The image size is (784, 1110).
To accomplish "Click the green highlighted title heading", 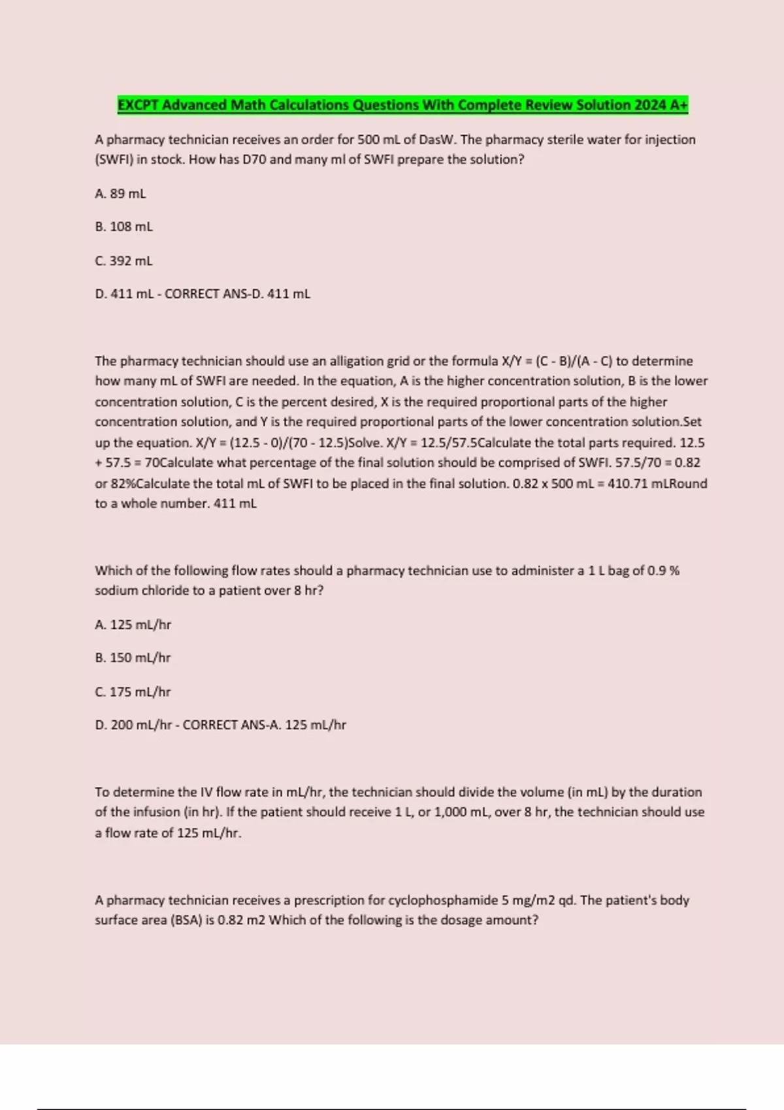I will click(402, 105).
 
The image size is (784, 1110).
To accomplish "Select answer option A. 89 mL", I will click(120, 193).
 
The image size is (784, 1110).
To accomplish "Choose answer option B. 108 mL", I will click(123, 227).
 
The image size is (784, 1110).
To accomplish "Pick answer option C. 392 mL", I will click(123, 261).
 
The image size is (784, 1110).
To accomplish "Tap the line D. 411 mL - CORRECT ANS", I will click(203, 294).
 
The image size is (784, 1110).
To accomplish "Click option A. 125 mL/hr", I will click(133, 624).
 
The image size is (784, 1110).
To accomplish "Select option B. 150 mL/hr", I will click(133, 658).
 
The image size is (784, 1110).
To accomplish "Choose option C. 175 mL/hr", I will click(133, 691).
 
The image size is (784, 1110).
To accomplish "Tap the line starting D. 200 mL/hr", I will click(220, 725).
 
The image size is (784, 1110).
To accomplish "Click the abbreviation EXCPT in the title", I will click(139, 105).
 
